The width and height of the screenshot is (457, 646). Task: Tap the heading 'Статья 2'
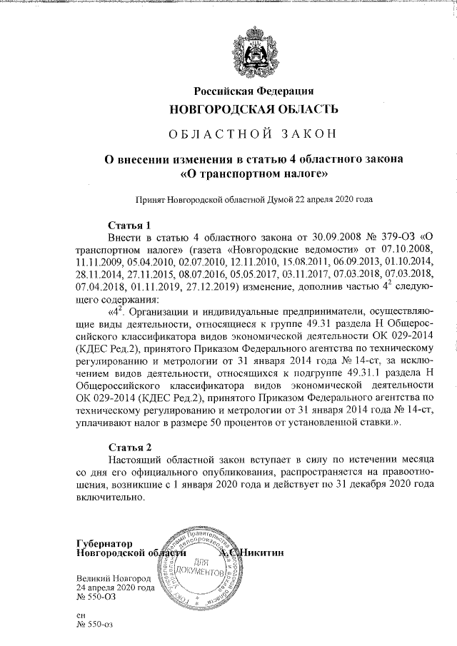pos(129,448)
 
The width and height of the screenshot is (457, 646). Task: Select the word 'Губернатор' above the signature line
pos(104,544)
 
